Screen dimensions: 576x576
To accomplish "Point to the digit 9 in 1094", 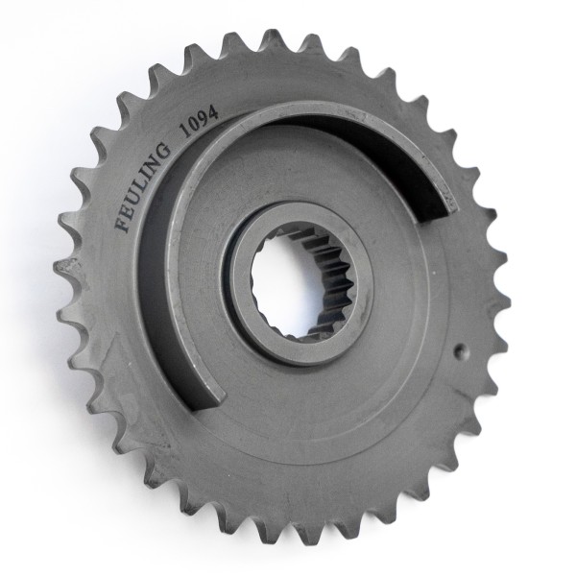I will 204,113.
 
